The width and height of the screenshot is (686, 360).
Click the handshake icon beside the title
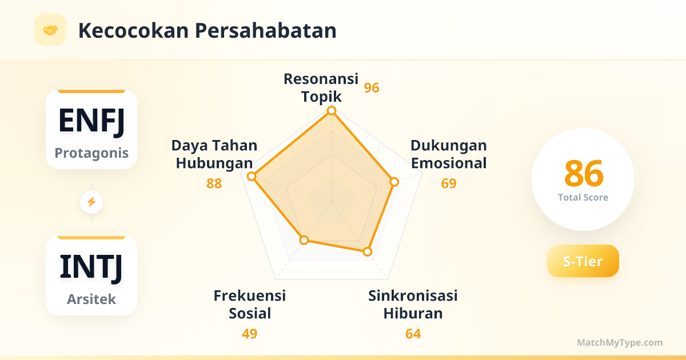50,30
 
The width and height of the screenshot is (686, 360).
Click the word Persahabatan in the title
265,31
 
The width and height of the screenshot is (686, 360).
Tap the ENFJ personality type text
91,121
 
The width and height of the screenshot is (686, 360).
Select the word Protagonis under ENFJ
91,153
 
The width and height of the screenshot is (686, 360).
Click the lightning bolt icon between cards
91,202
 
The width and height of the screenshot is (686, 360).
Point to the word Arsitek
91,299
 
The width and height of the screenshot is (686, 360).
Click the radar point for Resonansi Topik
332,110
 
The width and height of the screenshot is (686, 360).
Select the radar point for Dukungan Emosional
394,182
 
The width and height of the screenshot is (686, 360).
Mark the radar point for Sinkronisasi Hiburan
368,251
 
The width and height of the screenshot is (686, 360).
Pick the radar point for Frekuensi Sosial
304,240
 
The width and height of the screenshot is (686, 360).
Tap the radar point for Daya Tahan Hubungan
252,177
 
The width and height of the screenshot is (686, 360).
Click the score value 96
372,88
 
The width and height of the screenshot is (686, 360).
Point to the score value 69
449,183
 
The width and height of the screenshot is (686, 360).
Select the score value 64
413,334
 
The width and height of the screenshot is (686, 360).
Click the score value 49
249,334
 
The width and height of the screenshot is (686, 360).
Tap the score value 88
214,183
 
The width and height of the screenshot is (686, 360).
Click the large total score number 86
584,174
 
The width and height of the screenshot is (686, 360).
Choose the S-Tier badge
583,261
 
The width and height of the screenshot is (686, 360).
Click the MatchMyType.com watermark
620,342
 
